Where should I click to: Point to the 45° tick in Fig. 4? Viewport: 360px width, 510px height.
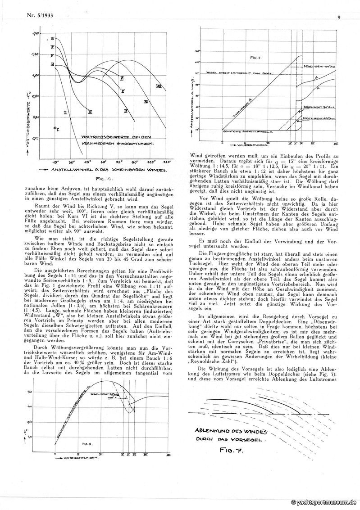(x=88, y=161)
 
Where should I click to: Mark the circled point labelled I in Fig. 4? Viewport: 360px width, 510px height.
(x=55, y=129)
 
